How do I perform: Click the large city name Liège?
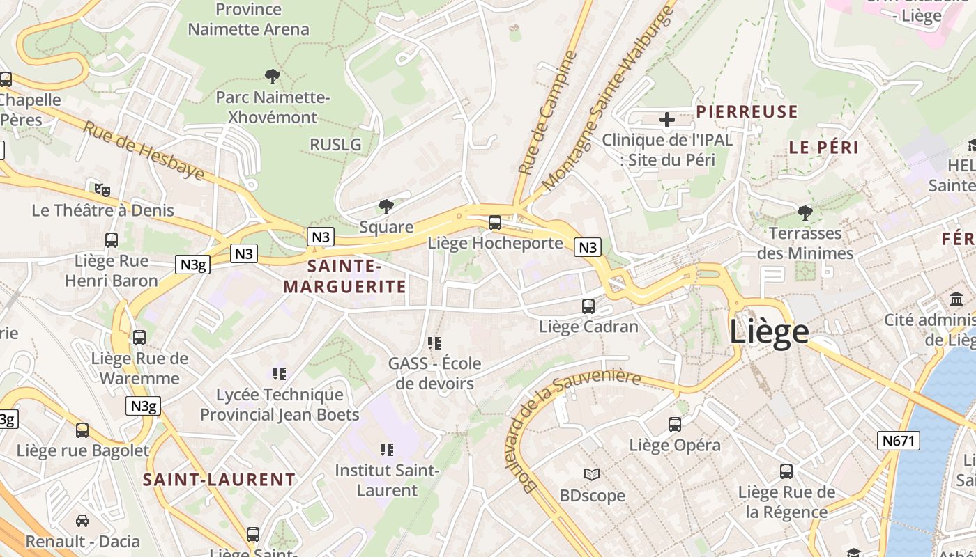[x=769, y=331]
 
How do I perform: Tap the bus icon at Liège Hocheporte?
[x=495, y=223]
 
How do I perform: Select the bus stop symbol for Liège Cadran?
[x=588, y=306]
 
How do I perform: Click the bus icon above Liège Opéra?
[x=675, y=424]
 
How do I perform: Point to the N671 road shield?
[x=899, y=440]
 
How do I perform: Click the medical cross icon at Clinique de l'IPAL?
[x=667, y=120]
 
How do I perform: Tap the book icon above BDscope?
[x=592, y=475]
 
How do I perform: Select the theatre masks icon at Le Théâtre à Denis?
[x=102, y=189]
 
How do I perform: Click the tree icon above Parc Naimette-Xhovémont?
[x=273, y=76]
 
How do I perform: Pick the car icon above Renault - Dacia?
[x=82, y=520]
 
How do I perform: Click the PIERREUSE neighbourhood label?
[x=747, y=112]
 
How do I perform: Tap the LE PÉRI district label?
[x=823, y=148]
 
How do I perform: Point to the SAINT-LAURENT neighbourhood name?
[x=220, y=480]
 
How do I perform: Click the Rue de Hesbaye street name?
[x=144, y=150]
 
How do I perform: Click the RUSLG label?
[x=335, y=144]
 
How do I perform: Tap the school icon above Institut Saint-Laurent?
[x=387, y=450]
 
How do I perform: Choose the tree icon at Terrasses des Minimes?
[x=805, y=212]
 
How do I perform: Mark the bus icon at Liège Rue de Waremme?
[x=139, y=338]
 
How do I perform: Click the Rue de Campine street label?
[x=549, y=111]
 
